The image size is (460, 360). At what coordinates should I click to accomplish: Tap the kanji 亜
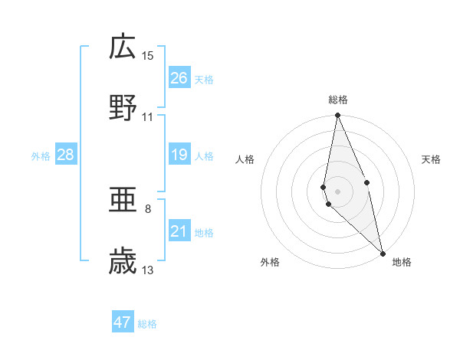(x=123, y=201)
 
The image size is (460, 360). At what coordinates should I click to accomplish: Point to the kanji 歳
(x=123, y=261)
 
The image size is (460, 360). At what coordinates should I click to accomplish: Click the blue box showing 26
(x=179, y=78)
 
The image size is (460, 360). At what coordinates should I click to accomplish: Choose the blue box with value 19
(x=179, y=155)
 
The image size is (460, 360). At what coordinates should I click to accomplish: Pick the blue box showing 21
(x=179, y=231)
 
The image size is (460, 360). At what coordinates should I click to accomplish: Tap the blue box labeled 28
(x=66, y=155)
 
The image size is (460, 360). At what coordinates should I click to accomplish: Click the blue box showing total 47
(x=123, y=322)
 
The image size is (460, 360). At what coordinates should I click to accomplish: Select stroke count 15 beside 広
(x=148, y=56)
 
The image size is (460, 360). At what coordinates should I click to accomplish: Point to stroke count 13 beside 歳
(x=148, y=270)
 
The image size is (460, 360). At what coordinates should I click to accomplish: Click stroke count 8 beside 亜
(x=148, y=208)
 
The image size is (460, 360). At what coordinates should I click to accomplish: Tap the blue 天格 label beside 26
(x=204, y=79)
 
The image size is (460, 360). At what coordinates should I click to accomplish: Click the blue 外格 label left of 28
(x=41, y=156)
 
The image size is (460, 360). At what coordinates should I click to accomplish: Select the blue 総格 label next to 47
(x=147, y=323)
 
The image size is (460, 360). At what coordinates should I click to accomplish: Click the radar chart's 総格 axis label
(x=338, y=100)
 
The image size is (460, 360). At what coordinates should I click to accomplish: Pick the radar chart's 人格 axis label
(x=245, y=159)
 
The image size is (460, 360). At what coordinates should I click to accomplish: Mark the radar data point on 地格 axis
(x=383, y=253)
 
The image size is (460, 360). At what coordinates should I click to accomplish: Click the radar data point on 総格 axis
(x=338, y=116)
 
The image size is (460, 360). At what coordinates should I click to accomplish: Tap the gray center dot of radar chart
(x=338, y=191)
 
